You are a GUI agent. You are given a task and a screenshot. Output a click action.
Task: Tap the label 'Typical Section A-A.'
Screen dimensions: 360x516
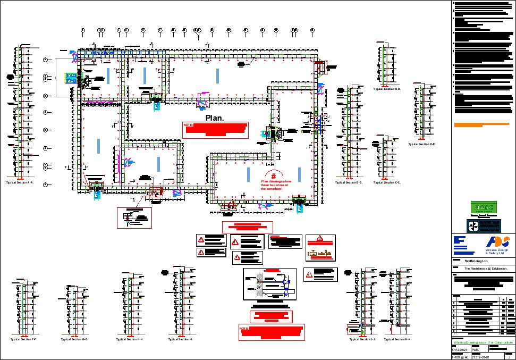pos(20,182)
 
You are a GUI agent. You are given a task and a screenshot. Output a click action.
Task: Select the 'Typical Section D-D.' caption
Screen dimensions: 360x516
pos(387,89)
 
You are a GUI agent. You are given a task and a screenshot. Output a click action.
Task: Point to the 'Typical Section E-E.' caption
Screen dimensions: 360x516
pos(422,144)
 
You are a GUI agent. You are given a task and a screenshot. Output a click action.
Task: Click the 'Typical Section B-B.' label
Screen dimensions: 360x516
pos(349,182)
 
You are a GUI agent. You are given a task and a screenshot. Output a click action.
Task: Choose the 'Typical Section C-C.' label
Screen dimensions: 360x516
pos(387,182)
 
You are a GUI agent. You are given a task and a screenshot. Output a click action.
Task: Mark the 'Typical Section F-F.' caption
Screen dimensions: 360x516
pos(24,339)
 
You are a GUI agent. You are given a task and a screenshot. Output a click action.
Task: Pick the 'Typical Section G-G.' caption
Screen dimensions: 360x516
pos(74,339)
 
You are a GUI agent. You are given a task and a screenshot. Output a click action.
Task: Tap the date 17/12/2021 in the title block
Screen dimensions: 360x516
pos(460,349)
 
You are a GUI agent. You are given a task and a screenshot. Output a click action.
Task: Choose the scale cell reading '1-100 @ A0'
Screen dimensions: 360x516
pos(460,357)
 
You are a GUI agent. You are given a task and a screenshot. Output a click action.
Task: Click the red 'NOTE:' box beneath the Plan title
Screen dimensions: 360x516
pos(216,130)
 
